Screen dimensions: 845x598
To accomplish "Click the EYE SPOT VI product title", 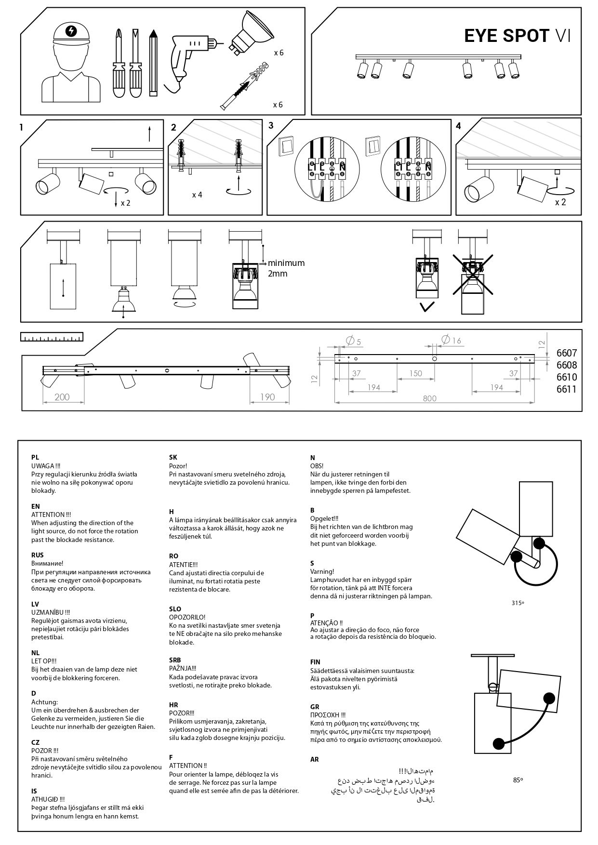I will pos(517,36).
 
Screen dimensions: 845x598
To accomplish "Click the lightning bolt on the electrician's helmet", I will pos(72,31).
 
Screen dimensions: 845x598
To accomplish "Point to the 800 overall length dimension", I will pos(429,398).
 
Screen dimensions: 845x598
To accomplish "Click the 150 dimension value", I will pos(415,373).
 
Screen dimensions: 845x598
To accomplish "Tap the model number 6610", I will pos(566,377).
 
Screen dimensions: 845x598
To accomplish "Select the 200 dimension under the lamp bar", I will pos(62,397).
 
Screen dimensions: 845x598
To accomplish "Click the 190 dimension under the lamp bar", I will pos(267,397).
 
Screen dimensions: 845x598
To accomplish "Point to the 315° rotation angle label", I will pos(518,603).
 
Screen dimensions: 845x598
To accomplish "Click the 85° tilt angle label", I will pos(518,779).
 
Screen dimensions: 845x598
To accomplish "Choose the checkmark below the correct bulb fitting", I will pos(427,306).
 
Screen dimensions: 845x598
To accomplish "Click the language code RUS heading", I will pos(38,555).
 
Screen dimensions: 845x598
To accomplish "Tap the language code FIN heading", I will pos(316,662).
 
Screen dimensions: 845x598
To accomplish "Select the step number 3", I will pos(271,126).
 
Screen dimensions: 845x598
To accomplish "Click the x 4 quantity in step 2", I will pos(197,195).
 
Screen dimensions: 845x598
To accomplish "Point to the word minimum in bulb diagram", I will pos(286,263).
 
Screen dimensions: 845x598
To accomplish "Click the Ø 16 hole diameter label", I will pos(451,340).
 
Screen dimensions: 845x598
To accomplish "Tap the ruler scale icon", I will pos(52,337).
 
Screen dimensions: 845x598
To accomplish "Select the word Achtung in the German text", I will pos(44,702).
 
